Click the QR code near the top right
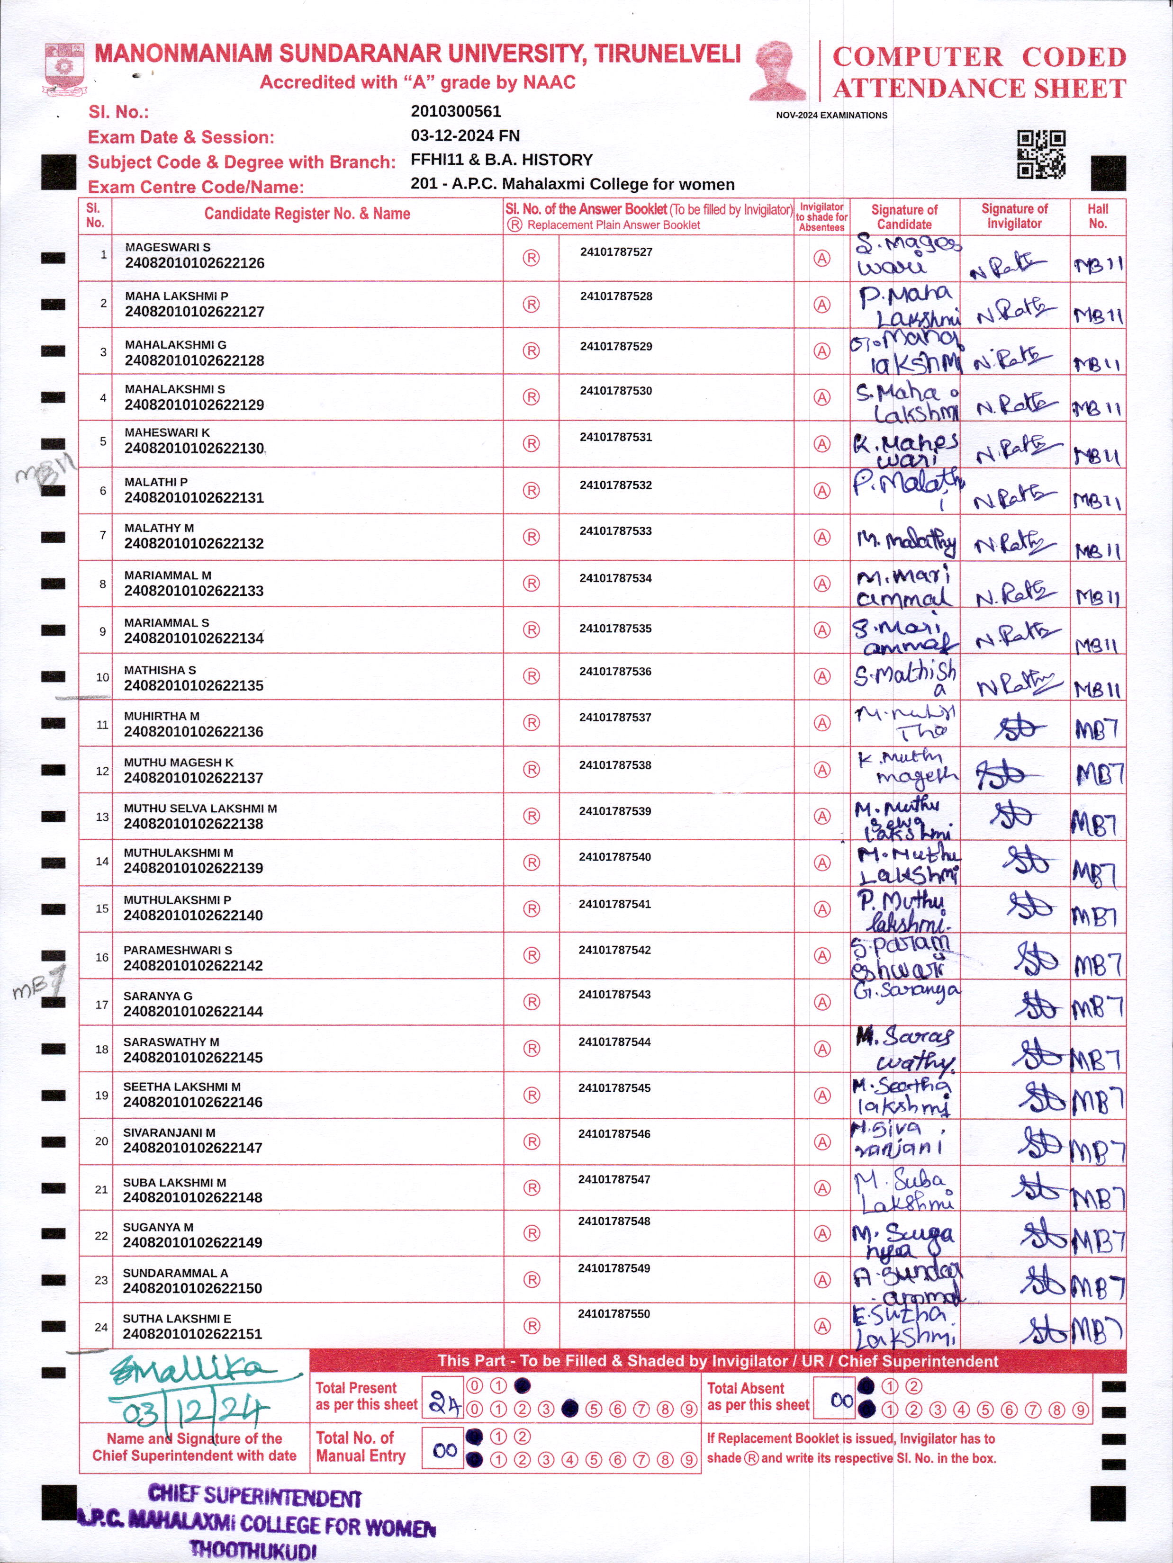(x=1041, y=154)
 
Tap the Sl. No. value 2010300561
(x=456, y=112)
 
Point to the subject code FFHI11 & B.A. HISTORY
(x=501, y=160)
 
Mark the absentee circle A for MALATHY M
(x=822, y=537)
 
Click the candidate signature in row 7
(x=906, y=542)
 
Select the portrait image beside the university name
(x=777, y=71)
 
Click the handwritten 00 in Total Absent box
(x=841, y=1400)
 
